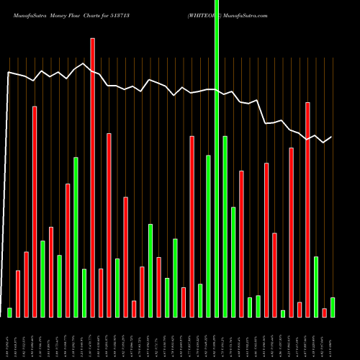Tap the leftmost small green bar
[x=9, y=312]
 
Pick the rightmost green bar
[x=332, y=307]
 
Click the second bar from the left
[x=18, y=294]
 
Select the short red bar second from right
[x=324, y=312]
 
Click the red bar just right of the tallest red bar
[x=101, y=292]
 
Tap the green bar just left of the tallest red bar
[x=84, y=292]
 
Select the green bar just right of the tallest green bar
[x=225, y=226]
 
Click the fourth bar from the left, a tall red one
[x=35, y=212]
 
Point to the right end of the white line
[x=331, y=137]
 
